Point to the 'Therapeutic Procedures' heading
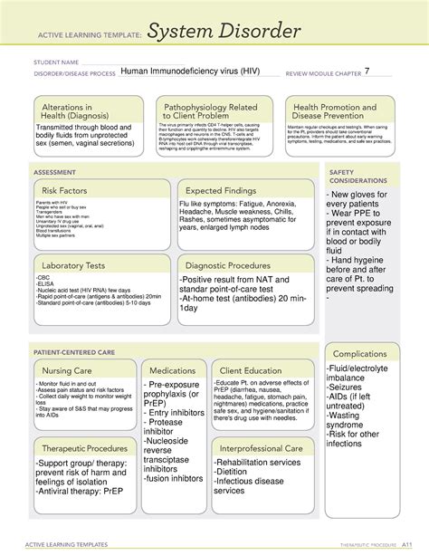point(83,449)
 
